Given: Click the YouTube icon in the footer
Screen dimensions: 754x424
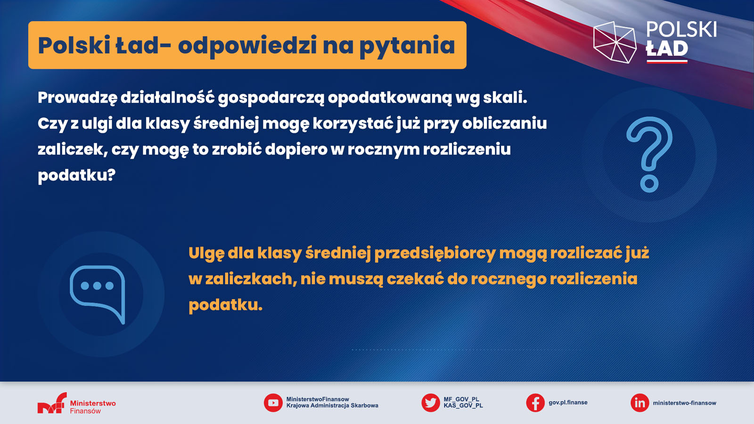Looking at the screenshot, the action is pyautogui.click(x=273, y=403).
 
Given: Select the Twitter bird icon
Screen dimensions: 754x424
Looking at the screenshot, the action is pyautogui.click(x=431, y=403).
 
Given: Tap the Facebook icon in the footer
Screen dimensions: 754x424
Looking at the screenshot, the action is pyautogui.click(x=535, y=403).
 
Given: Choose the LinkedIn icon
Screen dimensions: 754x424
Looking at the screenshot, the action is pyautogui.click(x=639, y=403).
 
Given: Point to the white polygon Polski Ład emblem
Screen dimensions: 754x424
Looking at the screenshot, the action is pyautogui.click(x=615, y=42).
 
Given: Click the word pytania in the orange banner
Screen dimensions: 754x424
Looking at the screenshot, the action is pyautogui.click(x=407, y=46).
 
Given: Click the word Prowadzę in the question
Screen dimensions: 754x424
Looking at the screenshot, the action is pyautogui.click(x=77, y=98).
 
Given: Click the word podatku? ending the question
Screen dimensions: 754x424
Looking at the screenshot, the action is pyautogui.click(x=76, y=175).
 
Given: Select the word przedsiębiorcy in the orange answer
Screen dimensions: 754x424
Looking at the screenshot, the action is pyautogui.click(x=435, y=253).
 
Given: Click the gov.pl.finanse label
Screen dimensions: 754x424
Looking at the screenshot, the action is pyautogui.click(x=568, y=402).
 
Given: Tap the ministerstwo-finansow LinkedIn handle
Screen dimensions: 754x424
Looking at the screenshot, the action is pyautogui.click(x=684, y=403).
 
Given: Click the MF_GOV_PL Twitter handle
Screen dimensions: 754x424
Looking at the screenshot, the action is pyautogui.click(x=461, y=400).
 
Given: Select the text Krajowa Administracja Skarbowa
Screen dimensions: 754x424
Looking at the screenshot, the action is pyautogui.click(x=332, y=406).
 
